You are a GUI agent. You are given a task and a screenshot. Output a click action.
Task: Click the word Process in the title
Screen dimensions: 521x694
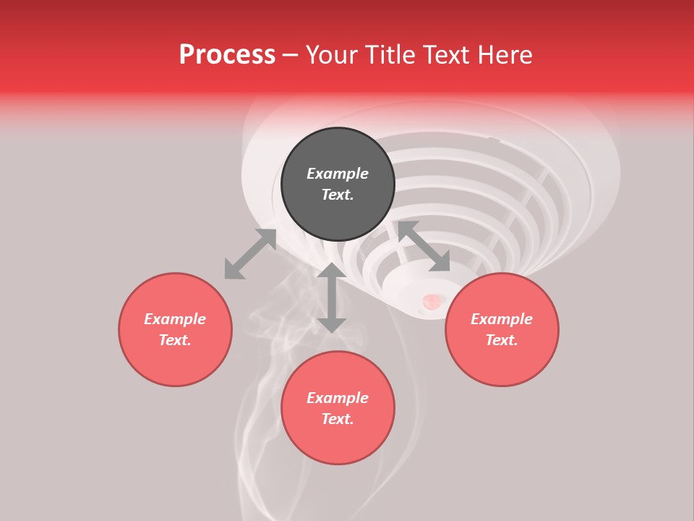[227, 55]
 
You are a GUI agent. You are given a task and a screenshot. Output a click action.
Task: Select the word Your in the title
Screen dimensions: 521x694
[333, 55]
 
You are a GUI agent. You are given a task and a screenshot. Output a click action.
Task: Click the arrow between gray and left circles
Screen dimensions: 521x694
[250, 254]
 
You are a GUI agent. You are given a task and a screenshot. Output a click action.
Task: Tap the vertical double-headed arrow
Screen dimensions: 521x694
[332, 297]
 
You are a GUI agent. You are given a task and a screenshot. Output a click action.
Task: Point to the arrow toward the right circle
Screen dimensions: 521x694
[424, 246]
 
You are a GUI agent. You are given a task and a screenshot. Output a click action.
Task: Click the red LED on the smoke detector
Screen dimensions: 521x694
[431, 301]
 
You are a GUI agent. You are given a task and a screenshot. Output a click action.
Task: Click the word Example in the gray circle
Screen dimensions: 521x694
[338, 174]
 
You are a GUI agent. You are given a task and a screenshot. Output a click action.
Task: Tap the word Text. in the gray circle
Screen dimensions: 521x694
[338, 195]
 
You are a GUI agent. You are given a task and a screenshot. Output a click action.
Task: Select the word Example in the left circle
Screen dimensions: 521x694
[175, 319]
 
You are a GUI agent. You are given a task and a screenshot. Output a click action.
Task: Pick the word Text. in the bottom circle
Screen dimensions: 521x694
[338, 419]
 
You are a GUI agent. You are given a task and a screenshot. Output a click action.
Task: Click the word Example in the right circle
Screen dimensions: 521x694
[502, 319]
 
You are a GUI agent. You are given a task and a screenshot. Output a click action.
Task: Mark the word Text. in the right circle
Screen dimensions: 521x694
[502, 340]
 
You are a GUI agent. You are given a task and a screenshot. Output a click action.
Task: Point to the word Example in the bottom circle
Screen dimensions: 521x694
[338, 398]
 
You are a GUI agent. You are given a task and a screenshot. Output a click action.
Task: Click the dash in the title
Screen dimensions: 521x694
[291, 55]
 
